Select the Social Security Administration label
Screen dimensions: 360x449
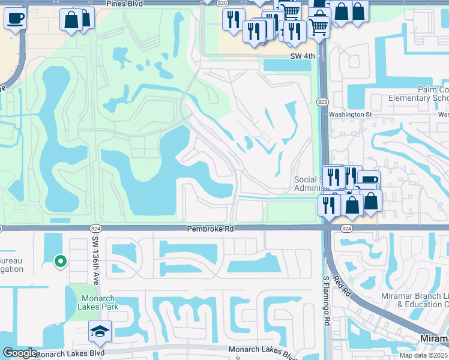[309, 184]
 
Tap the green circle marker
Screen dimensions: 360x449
[60, 261]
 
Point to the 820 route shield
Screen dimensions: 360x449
[223, 3]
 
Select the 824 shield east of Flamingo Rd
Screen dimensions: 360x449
[346, 229]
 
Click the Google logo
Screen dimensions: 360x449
[19, 353]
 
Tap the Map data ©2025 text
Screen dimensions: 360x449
[424, 355]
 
